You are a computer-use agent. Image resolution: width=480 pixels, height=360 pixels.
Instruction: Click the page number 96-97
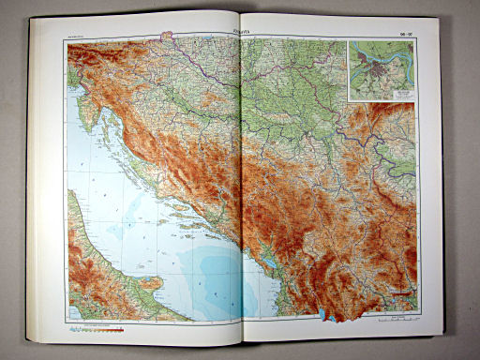coord(404,35)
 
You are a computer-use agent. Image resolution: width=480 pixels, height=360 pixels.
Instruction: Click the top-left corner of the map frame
coord(67,41)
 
